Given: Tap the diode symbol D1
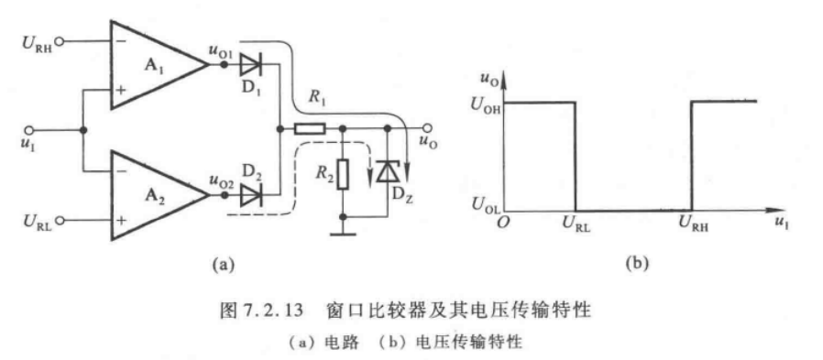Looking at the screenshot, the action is coord(250,65).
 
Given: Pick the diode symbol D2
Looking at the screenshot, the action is coord(250,195).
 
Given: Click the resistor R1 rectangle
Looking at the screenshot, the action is coord(310,128).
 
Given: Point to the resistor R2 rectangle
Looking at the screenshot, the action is coord(343,175).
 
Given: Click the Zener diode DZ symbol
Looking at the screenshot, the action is coord(388,172).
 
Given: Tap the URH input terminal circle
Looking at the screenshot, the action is coord(60,41).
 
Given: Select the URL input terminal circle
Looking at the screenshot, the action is coord(60,221).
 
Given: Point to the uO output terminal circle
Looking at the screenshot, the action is coord(428,128).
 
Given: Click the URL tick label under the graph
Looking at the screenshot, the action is coord(576,224).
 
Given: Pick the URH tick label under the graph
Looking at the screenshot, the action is coord(693,224).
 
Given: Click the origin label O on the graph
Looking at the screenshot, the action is coord(502,222).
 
